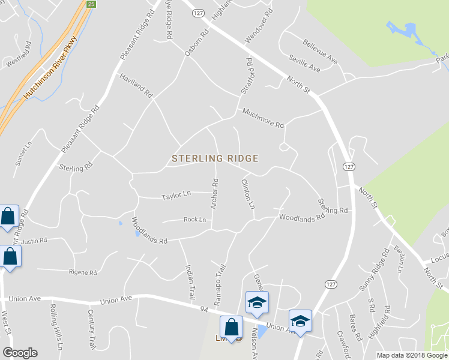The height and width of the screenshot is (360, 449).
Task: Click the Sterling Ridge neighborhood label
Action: coord(215,159)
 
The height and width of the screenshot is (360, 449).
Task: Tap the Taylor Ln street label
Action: coord(176,196)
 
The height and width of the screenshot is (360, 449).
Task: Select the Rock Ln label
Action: coord(194,220)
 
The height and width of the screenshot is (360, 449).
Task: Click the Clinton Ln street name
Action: coord(247,194)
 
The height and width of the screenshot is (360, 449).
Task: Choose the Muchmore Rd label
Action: coord(262,118)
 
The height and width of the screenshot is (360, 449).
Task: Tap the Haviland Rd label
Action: coord(137,86)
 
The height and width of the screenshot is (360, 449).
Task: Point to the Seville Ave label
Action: coord(304,64)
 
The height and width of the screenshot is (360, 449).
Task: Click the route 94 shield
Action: coord(205,308)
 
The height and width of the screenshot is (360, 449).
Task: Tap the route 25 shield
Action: coord(91,4)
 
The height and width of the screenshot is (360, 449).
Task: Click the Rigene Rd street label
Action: coord(83,272)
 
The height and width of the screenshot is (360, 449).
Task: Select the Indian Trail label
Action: coord(190,283)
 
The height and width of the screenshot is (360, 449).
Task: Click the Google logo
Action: coord(20,353)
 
